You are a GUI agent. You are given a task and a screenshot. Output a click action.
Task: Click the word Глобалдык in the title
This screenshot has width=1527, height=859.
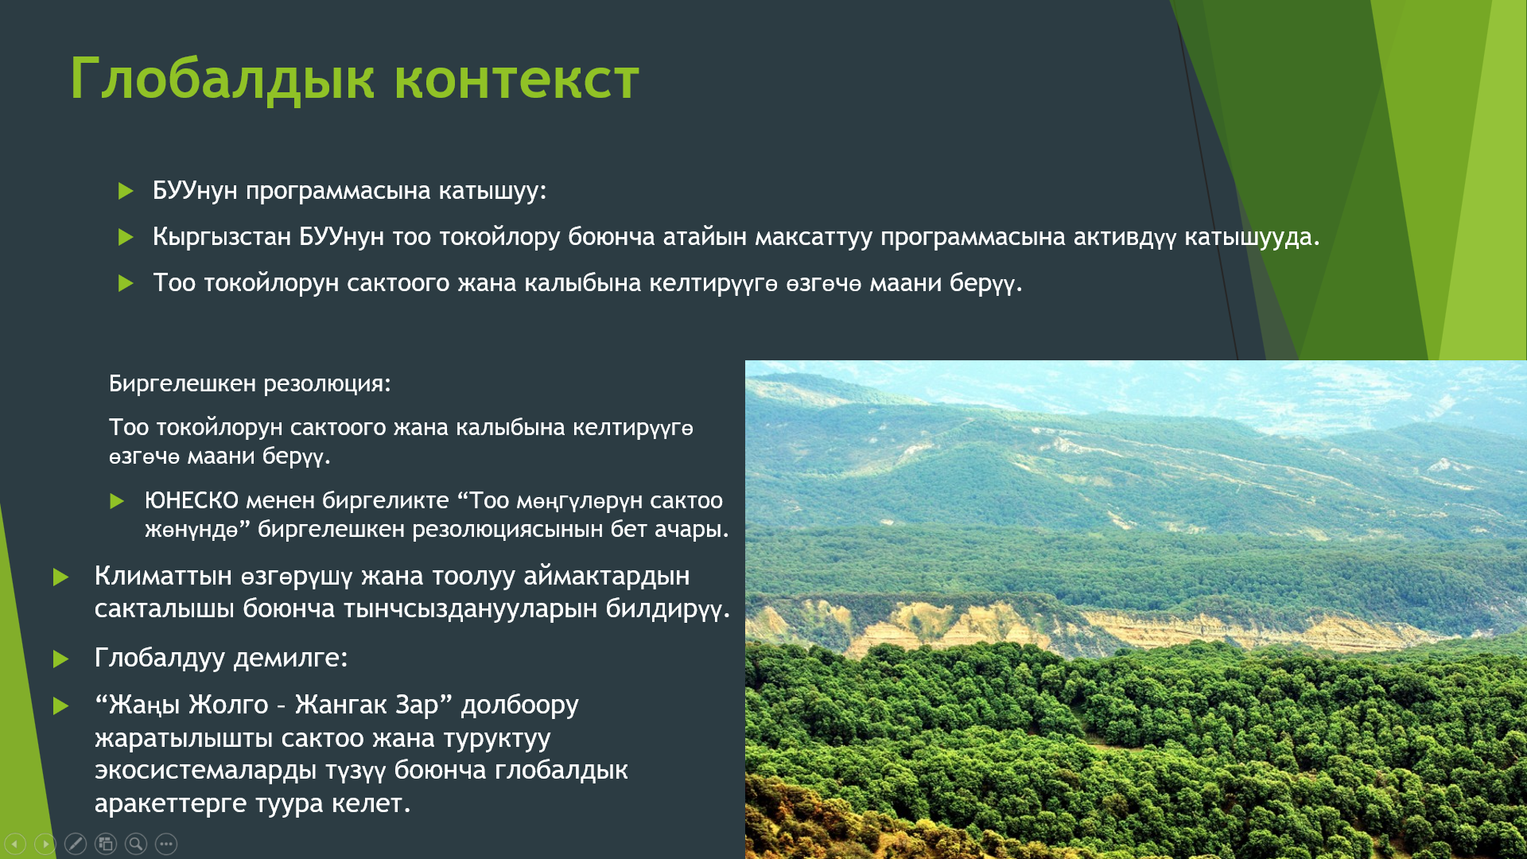(222, 79)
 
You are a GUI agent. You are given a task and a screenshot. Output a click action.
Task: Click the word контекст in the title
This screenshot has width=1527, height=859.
(517, 80)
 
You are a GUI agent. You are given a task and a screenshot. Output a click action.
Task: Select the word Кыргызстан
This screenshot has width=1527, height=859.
(222, 237)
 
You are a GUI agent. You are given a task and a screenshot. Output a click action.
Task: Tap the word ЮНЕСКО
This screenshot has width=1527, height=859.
(192, 500)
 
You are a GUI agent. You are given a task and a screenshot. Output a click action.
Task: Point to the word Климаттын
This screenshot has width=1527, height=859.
(163, 576)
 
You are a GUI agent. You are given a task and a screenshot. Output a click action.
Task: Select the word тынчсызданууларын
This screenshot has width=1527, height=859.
(471, 608)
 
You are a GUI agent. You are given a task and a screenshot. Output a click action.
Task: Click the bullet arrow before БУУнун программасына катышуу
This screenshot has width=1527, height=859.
(126, 191)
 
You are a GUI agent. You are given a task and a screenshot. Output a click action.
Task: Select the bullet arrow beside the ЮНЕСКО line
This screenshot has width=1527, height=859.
(117, 501)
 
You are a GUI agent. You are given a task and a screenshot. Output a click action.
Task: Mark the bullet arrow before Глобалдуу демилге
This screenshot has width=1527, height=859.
(60, 659)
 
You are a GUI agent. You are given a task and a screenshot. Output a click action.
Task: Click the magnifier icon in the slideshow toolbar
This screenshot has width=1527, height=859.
(136, 844)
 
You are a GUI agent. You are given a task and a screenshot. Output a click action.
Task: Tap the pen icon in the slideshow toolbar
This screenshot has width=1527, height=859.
(76, 844)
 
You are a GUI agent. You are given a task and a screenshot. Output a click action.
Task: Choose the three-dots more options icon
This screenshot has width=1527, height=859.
(166, 844)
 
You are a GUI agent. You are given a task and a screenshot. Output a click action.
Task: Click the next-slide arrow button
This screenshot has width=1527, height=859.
(45, 844)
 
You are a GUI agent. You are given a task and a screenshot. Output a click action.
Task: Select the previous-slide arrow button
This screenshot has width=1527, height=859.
(15, 844)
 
